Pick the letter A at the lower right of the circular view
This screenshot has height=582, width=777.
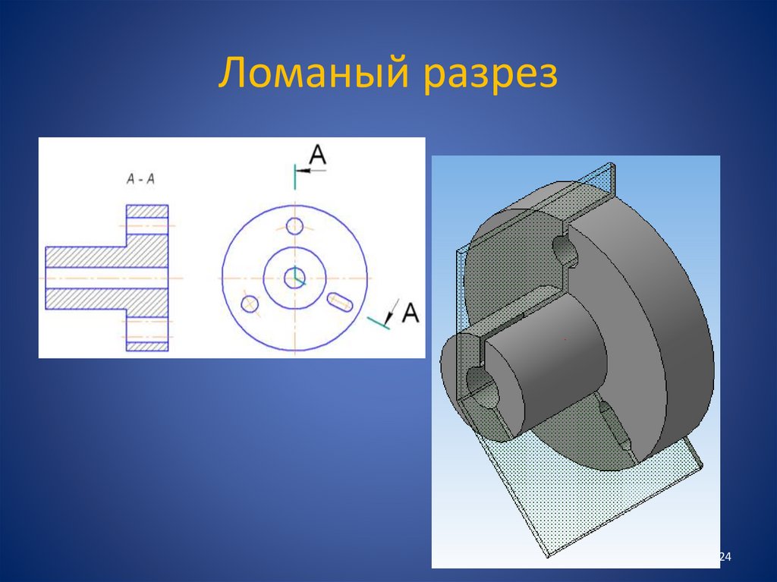coord(410,313)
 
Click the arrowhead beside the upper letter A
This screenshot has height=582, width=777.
coord(301,171)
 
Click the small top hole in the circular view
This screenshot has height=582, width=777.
coord(294,225)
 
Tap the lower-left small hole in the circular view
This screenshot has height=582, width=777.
coord(249,304)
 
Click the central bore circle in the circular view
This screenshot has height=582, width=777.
coord(294,278)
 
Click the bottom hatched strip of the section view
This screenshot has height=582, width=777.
coord(146,346)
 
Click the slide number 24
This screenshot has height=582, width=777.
coord(724,558)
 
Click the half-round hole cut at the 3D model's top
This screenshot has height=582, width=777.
coord(562,250)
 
